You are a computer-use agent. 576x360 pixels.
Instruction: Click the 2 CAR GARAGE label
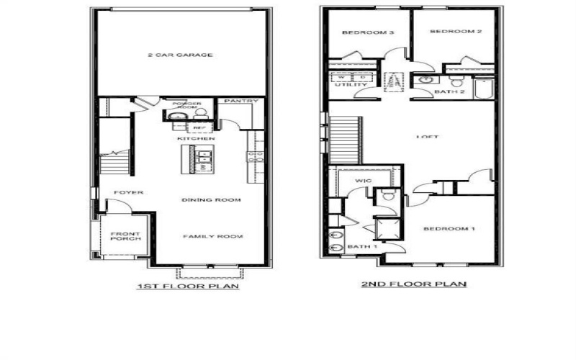click(x=180, y=55)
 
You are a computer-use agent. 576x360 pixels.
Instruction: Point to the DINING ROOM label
click(x=211, y=199)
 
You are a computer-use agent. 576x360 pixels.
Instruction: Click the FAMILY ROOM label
click(x=212, y=236)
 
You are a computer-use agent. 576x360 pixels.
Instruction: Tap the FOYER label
click(x=130, y=192)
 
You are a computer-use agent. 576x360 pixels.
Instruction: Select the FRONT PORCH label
click(x=125, y=237)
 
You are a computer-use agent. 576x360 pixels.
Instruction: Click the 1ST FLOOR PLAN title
click(x=187, y=286)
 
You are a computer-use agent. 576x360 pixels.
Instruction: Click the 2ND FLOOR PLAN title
click(x=413, y=284)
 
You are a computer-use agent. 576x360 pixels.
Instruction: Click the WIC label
click(x=362, y=181)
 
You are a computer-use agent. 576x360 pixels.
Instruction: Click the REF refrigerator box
click(x=199, y=127)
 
